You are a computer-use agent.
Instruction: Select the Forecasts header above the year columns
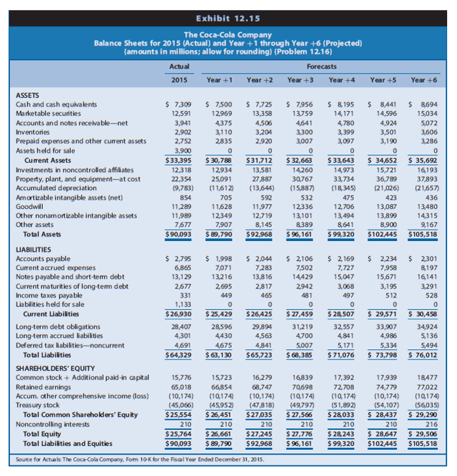tap(322, 66)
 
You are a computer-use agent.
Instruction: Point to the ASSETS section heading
tap(27, 96)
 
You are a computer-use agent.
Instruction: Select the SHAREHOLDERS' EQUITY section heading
tap(55, 368)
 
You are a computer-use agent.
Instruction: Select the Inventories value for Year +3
tap(301, 133)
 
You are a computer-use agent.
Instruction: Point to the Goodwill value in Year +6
tap(424, 206)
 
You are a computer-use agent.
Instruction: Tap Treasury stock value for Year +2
tap(261, 404)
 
